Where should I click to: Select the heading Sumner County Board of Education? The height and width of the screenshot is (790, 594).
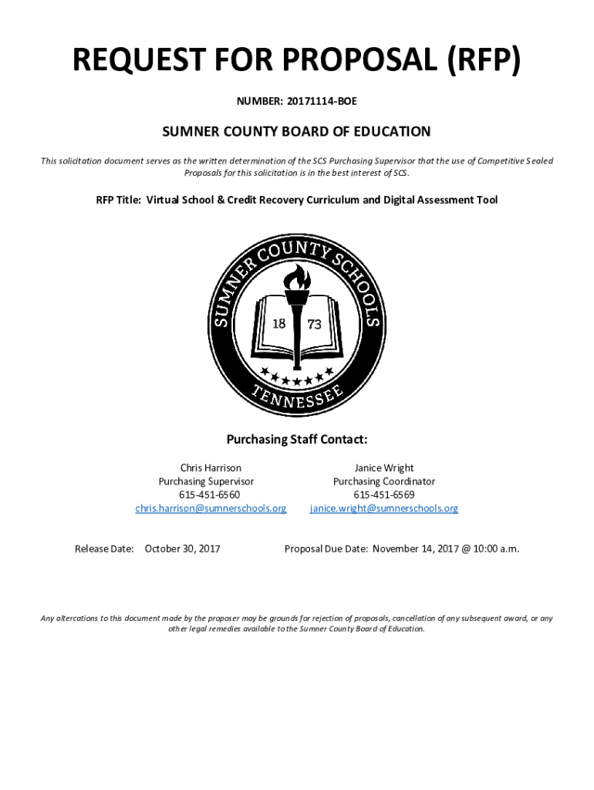[296, 132]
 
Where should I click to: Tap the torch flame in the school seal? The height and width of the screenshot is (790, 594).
[298, 277]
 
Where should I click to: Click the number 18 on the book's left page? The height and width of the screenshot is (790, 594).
[278, 324]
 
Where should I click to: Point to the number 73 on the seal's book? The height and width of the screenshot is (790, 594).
[314, 325]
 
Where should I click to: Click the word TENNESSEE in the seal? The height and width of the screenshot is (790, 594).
[296, 395]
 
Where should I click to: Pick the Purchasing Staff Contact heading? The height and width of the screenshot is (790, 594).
[296, 440]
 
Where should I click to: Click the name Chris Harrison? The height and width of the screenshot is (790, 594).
[211, 468]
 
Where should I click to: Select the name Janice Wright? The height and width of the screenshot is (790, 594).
[383, 468]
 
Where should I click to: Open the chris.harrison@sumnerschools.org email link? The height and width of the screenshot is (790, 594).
[211, 508]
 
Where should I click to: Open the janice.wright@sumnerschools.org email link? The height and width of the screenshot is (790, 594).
[383, 508]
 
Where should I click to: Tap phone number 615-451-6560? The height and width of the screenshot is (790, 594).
[210, 495]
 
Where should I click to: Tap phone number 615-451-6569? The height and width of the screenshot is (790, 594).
[383, 495]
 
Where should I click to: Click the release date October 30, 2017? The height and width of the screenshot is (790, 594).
[182, 549]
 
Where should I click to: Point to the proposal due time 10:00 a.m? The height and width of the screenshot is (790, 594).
[494, 549]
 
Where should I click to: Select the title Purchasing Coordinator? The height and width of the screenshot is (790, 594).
[383, 481]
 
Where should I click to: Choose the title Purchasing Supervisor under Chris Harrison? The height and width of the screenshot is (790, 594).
[206, 481]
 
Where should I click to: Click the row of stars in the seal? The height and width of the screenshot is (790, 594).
[297, 377]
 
